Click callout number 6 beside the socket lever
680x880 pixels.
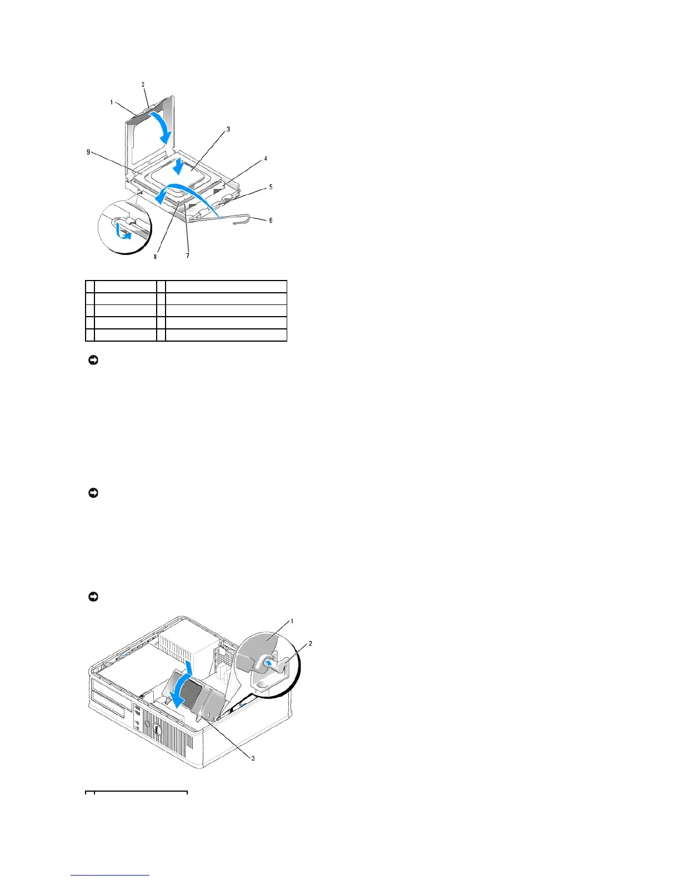coord(271,221)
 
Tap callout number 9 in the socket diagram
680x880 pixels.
coord(88,152)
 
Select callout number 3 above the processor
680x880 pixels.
coord(228,129)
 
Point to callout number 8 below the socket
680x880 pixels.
coord(156,257)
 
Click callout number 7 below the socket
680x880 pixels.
coord(188,256)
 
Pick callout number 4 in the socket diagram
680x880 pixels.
coord(266,159)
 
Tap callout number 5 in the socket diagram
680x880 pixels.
coord(271,187)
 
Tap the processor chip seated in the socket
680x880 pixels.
coord(192,177)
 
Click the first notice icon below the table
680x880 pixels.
coord(93,361)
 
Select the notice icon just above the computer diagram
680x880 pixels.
coord(93,597)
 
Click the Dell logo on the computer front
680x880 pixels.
coord(158,734)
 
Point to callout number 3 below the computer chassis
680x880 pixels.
coord(253,758)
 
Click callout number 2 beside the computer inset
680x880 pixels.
coord(310,643)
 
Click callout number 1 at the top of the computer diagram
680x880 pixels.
coord(292,621)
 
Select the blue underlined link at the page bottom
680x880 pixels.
coord(110,875)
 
